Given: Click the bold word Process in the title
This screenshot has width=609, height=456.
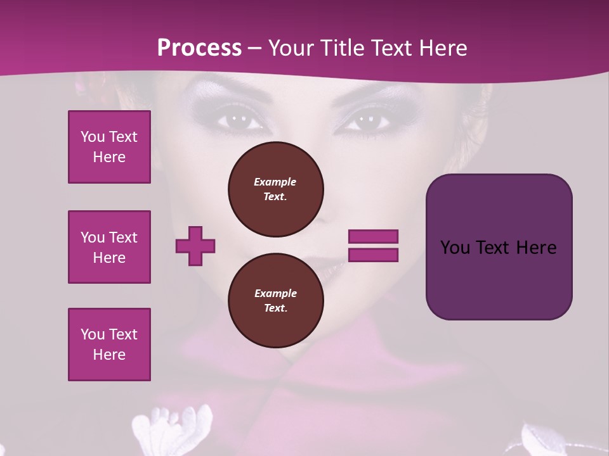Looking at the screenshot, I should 199,48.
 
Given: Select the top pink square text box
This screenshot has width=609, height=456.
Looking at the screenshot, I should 109,147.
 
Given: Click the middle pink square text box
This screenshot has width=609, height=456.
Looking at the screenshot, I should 109,247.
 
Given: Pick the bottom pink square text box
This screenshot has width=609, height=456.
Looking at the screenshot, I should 109,345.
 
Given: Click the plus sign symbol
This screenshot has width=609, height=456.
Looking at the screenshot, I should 195,246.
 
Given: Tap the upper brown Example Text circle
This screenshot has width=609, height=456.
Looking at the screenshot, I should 275,189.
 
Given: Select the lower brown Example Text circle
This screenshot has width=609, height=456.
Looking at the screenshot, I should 275,300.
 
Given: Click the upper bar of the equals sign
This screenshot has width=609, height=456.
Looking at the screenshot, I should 373,236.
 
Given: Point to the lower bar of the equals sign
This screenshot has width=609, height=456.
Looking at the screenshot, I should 373,255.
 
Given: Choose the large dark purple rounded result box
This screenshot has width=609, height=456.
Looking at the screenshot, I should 499,247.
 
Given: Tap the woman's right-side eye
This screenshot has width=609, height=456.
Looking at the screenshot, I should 367,119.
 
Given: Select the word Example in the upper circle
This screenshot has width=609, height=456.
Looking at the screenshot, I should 275,182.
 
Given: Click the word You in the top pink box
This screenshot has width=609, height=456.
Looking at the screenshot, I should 93,137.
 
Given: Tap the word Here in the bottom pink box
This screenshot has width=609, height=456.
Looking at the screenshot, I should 109,355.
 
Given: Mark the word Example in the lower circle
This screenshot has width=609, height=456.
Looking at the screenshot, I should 275,293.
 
